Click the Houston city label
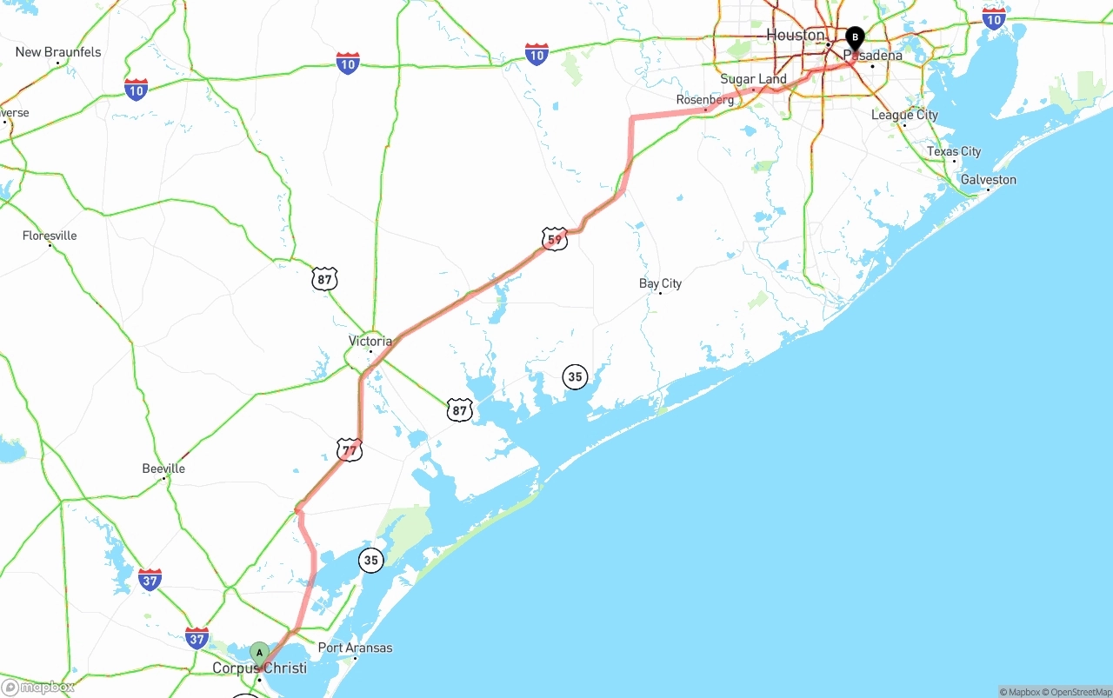pyautogui.click(x=795, y=35)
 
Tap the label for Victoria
pyautogui.click(x=370, y=341)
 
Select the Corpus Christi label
pyautogui.click(x=259, y=668)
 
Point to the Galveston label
pyautogui.click(x=988, y=180)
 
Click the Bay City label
pyautogui.click(x=660, y=283)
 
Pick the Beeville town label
pyautogui.click(x=163, y=469)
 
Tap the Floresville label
pyautogui.click(x=50, y=236)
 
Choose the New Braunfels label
pyautogui.click(x=58, y=52)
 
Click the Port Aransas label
pyautogui.click(x=355, y=648)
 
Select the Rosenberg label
pyautogui.click(x=705, y=100)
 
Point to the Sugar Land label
pyautogui.click(x=753, y=79)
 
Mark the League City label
pyautogui.click(x=904, y=115)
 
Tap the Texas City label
pyautogui.click(x=953, y=151)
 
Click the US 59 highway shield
pyautogui.click(x=554, y=239)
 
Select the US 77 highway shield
pyautogui.click(x=350, y=449)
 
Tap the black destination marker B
pyautogui.click(x=855, y=37)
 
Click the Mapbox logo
pyautogui.click(x=38, y=687)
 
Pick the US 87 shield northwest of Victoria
pyautogui.click(x=325, y=279)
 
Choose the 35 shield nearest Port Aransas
pyautogui.click(x=371, y=561)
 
